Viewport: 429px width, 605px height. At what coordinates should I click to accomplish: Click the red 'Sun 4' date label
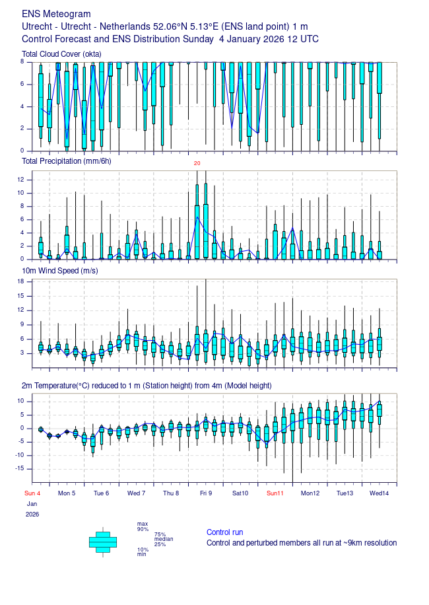point(32,493)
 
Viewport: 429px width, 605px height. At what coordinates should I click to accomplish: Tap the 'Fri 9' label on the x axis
point(206,493)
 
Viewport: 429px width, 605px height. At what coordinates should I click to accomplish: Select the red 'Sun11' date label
point(275,493)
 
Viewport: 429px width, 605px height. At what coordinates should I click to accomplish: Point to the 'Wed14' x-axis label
point(379,493)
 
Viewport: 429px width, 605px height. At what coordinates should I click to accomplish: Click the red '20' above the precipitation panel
point(197,163)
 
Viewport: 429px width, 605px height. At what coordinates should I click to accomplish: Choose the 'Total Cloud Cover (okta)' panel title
point(61,54)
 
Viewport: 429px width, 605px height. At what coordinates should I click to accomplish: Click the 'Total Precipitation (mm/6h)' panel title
point(66,161)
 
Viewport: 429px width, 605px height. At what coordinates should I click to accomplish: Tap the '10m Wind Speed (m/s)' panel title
point(60,271)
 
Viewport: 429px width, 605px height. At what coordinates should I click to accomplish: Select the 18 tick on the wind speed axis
point(20,281)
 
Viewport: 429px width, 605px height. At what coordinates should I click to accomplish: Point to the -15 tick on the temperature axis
point(19,468)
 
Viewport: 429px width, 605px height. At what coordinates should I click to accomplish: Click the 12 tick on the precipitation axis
point(20,180)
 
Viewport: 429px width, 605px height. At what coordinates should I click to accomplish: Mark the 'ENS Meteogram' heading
point(56,14)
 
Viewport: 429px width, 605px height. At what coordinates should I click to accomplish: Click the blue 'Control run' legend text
point(224,532)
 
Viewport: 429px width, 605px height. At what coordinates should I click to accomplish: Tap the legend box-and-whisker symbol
point(103,542)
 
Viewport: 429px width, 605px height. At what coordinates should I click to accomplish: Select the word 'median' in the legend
point(164,539)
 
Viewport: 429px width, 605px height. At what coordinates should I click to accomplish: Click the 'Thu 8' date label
point(171,493)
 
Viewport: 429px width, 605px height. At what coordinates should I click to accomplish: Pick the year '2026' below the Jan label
point(32,515)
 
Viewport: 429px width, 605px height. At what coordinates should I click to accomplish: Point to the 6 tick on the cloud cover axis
point(22,84)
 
